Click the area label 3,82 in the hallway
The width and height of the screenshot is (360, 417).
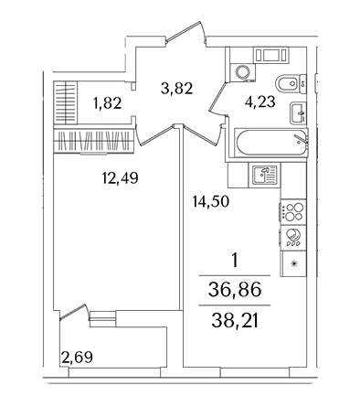[177, 89]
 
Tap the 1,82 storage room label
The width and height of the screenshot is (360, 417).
[108, 103]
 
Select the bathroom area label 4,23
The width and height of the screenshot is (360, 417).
[259, 102]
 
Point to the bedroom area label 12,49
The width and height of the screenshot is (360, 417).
[121, 177]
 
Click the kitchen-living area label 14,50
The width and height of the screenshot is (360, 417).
[211, 201]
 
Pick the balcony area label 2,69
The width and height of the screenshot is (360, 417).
[77, 357]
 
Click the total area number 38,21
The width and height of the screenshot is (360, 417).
[235, 321]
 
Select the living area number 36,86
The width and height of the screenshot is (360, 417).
[235, 290]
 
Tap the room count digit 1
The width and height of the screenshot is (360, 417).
[235, 262]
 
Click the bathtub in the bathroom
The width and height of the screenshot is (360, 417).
[271, 143]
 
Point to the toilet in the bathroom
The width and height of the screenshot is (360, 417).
[290, 83]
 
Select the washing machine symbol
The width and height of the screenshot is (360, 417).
[242, 72]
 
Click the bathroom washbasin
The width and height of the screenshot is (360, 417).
[298, 113]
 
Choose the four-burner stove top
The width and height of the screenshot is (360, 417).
[292, 212]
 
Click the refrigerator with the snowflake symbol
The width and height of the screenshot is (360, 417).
[293, 263]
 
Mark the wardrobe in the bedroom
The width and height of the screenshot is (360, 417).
[93, 141]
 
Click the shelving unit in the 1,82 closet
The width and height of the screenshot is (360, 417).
[66, 102]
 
